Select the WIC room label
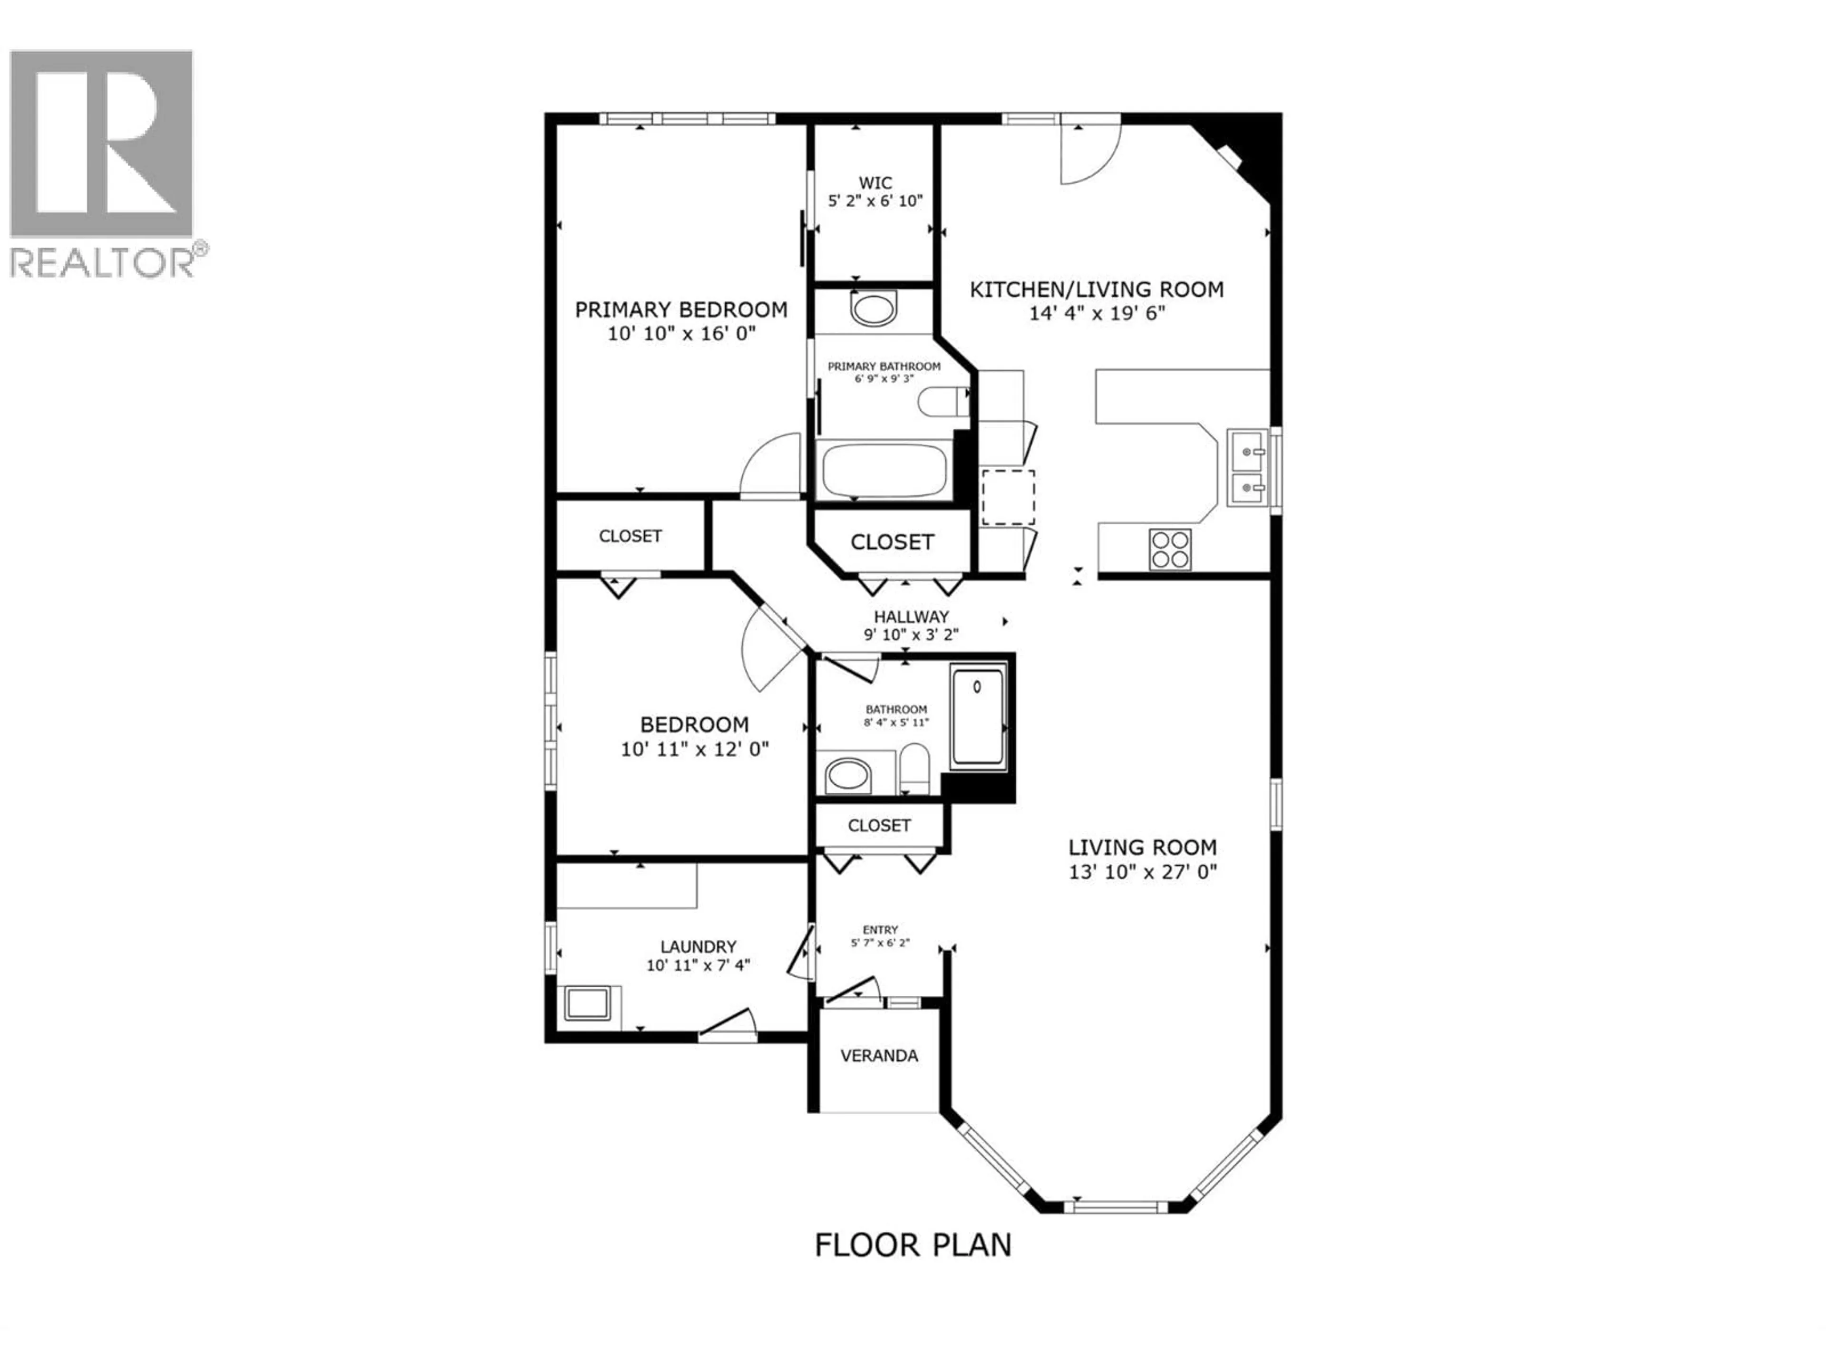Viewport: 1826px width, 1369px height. pos(875,183)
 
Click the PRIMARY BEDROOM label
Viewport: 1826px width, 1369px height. pos(681,309)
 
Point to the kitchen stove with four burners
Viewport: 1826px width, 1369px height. pos(1170,549)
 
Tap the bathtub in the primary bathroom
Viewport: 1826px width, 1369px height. pos(884,471)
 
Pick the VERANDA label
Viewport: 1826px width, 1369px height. pos(879,1055)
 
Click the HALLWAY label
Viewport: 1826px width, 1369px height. pos(912,617)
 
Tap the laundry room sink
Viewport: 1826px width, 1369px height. pos(587,1004)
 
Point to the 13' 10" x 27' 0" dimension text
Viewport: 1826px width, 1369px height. pos(1143,871)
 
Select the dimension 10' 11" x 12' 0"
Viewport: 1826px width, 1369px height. pos(694,749)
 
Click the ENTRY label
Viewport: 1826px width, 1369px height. pos(880,929)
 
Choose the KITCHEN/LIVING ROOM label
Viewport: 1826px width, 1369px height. pos(1096,289)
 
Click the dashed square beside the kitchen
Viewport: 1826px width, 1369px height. pos(1007,498)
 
